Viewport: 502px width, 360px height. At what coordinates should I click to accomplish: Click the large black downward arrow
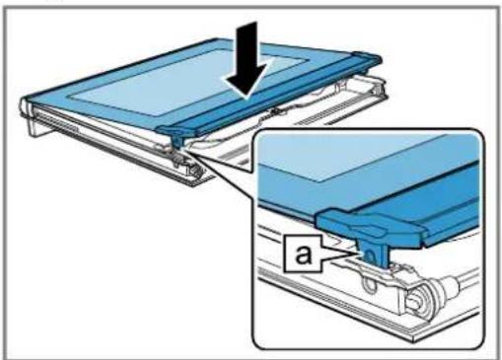click(x=248, y=62)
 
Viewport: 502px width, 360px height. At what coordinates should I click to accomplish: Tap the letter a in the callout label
click(x=303, y=253)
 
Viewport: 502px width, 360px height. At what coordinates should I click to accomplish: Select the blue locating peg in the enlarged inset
click(x=373, y=252)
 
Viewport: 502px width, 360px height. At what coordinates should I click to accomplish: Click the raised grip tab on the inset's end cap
click(x=368, y=228)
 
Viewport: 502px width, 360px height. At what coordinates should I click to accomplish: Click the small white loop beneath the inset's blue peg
click(x=369, y=282)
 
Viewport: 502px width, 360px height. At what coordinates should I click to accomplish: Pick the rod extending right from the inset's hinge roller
click(x=462, y=278)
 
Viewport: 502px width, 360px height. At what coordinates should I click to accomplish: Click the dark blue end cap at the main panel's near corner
click(x=177, y=130)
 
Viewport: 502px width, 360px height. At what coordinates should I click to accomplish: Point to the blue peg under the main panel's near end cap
click(x=177, y=141)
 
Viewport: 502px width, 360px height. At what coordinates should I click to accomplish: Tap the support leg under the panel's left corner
click(x=36, y=124)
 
